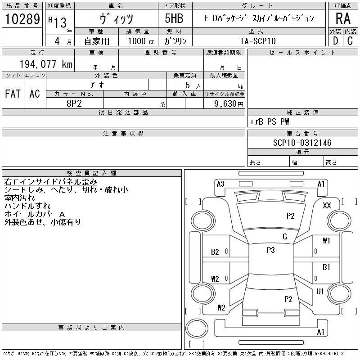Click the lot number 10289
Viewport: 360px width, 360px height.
[22, 19]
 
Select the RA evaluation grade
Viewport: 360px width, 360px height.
[343, 18]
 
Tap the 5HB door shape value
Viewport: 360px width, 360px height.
[174, 18]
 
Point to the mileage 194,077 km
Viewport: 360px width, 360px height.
[46, 64]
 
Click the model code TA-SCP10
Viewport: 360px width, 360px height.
[258, 41]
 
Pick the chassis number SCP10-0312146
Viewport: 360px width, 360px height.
[302, 143]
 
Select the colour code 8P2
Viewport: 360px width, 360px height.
[74, 103]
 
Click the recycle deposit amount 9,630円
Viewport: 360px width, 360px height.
[229, 104]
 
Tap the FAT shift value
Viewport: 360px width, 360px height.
[13, 94]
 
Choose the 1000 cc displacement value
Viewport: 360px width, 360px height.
[141, 41]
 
